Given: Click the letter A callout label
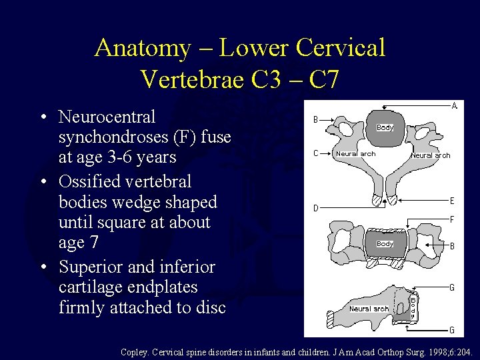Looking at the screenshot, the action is [455, 105].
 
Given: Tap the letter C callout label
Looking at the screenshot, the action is [316, 154].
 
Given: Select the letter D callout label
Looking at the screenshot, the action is [316, 208].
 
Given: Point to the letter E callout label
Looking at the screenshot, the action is [452, 200].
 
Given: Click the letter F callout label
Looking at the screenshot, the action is [452, 219].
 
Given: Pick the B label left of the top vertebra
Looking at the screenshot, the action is [316, 120].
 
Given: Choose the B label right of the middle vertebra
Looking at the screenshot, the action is [452, 246].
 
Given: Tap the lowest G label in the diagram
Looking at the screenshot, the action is [452, 330].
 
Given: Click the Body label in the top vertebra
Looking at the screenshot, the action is [385, 127].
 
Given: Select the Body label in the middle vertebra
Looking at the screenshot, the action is [385, 244].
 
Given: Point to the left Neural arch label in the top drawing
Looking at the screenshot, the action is [356, 154].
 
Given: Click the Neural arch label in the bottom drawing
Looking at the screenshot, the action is [369, 309].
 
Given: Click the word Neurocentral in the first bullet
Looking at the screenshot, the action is [107, 117].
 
